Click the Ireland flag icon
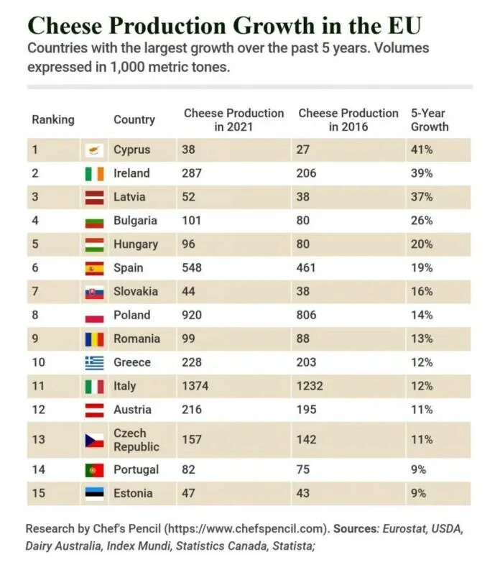coord(94,173)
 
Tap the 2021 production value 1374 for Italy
coord(195,386)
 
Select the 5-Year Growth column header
coord(430,120)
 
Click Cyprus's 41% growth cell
coord(421,150)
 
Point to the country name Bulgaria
coord(135,221)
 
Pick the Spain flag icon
coord(94,268)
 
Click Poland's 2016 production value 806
coord(307,315)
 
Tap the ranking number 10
coord(38,362)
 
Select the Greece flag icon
coord(94,362)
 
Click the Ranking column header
coord(52,119)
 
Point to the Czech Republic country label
coord(130,440)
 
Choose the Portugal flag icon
coord(94,470)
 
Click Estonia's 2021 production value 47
coord(188,493)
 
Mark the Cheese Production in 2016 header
coord(348,120)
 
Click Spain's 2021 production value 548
coord(191,268)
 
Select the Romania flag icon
coord(94,339)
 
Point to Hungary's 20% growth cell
coord(422,244)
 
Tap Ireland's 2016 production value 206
coord(307,173)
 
